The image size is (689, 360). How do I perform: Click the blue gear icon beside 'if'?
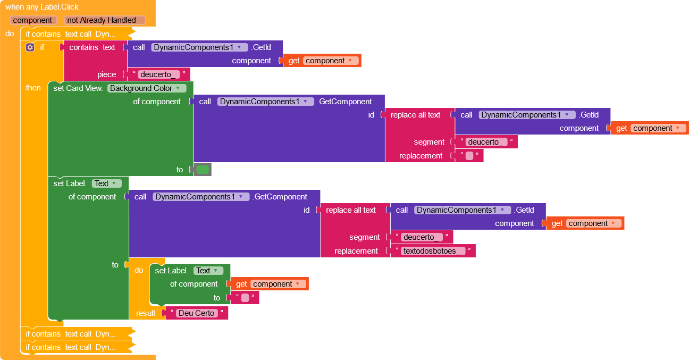30,47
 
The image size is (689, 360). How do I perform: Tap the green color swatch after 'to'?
203,170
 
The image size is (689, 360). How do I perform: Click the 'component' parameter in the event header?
33,20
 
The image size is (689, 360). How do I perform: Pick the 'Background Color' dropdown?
147,88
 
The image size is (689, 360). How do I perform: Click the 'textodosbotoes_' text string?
433,251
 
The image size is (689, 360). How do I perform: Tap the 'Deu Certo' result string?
197,313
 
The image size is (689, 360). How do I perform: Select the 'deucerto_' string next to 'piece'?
159,74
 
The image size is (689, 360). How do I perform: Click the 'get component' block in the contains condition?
322,61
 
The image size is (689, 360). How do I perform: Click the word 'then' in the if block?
33,88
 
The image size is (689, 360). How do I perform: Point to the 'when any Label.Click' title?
42,7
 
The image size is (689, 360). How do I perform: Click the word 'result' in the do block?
146,313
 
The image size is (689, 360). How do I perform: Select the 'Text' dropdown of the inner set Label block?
208,271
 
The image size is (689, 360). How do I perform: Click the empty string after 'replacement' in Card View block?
469,156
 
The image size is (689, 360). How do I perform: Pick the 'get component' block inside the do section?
270,284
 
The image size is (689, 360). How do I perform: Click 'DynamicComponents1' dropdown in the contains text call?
199,47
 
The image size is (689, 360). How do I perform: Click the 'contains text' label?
93,47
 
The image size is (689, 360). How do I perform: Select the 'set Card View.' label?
78,88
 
